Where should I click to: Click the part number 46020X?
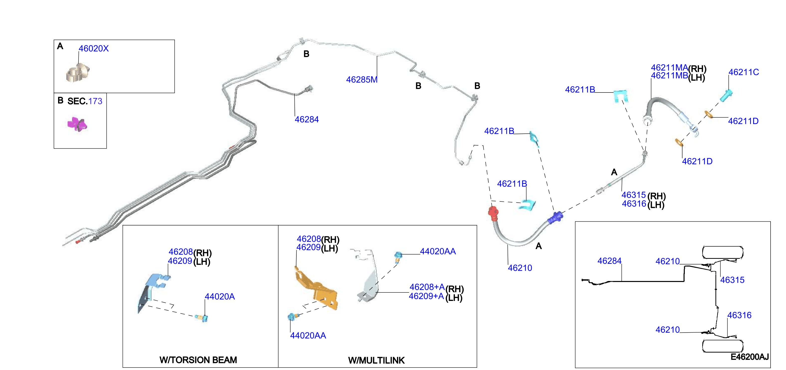pos(94,49)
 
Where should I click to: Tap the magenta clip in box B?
pos(77,124)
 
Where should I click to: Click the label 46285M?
pos(361,80)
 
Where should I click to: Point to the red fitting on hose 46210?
pos(493,213)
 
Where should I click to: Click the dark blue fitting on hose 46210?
pos(556,217)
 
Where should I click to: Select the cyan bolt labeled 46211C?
pos(726,95)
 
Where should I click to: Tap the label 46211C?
pos(744,72)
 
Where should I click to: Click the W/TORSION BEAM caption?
pos(198,360)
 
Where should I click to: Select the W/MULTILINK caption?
pos(376,360)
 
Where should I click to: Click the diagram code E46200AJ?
pos(749,357)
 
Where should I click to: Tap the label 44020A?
pos(220,297)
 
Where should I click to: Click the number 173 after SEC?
pos(95,101)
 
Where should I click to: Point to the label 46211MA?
pos(669,68)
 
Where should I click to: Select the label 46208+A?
pos(427,287)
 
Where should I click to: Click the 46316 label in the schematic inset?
pos(739,315)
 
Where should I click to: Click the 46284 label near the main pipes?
pos(307,119)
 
